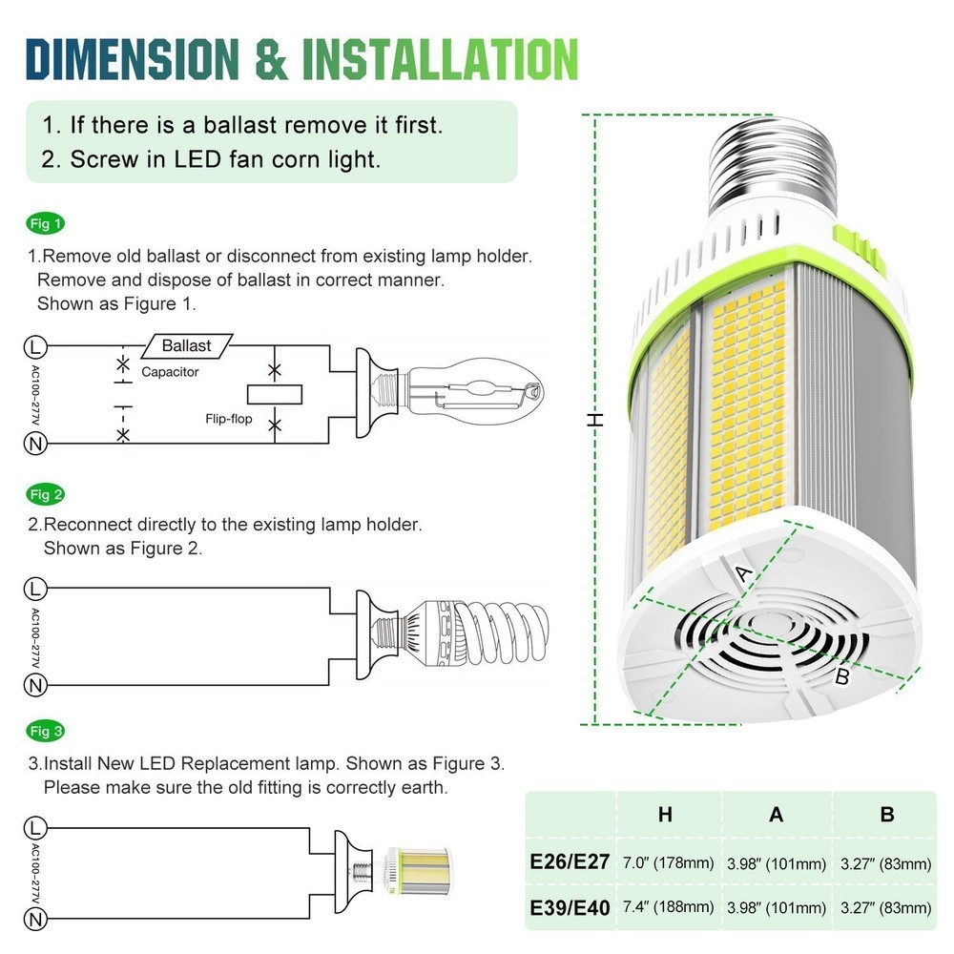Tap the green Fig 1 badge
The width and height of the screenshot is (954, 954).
tap(45, 225)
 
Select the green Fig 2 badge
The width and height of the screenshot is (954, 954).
tap(45, 494)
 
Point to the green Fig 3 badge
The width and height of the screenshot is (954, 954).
tap(45, 732)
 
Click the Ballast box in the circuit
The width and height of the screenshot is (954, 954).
tap(186, 345)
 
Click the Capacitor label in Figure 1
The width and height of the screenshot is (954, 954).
tap(170, 372)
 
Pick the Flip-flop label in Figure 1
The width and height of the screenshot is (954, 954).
tap(228, 419)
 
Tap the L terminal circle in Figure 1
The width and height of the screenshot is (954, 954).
tap(36, 345)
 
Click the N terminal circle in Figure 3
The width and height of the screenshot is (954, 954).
tap(36, 920)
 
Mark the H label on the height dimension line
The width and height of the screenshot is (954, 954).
tap(596, 420)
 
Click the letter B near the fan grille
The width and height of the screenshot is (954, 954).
tap(841, 678)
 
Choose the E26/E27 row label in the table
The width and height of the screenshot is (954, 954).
tap(570, 863)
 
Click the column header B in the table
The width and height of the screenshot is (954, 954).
tap(886, 814)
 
